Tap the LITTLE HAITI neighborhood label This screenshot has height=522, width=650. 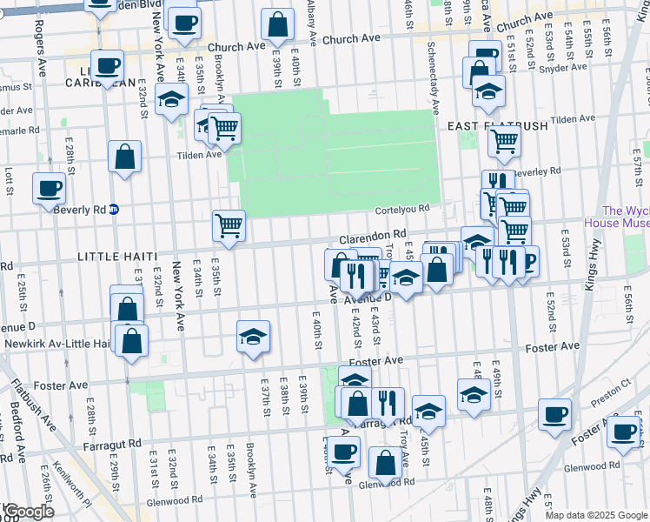(x=117, y=257)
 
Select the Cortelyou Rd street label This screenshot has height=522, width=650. (x=402, y=209)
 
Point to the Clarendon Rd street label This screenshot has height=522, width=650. (x=372, y=235)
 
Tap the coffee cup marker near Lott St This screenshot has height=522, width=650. (x=49, y=188)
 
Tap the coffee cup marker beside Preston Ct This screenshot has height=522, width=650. (x=554, y=413)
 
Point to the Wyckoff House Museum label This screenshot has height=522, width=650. (x=626, y=217)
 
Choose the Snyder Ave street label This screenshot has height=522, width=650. (x=569, y=67)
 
